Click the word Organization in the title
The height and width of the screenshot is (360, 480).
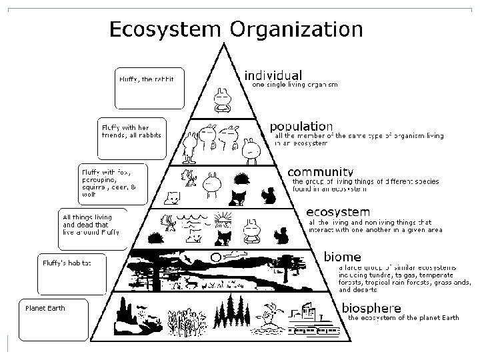[x=297, y=29]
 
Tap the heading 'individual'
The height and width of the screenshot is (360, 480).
[x=273, y=75]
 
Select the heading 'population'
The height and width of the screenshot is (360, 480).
[x=301, y=126]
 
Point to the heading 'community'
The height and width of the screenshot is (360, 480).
[x=319, y=171]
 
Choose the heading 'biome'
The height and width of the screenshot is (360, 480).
[x=343, y=256]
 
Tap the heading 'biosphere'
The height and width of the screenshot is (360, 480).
[x=371, y=308]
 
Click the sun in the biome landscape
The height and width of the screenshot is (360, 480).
[x=215, y=257]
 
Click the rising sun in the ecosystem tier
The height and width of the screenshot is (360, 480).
[x=223, y=218]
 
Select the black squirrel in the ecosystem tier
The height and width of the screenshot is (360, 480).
[x=282, y=235]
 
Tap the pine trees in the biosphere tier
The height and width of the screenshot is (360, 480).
[x=231, y=313]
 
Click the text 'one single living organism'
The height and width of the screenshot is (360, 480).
[x=294, y=85]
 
